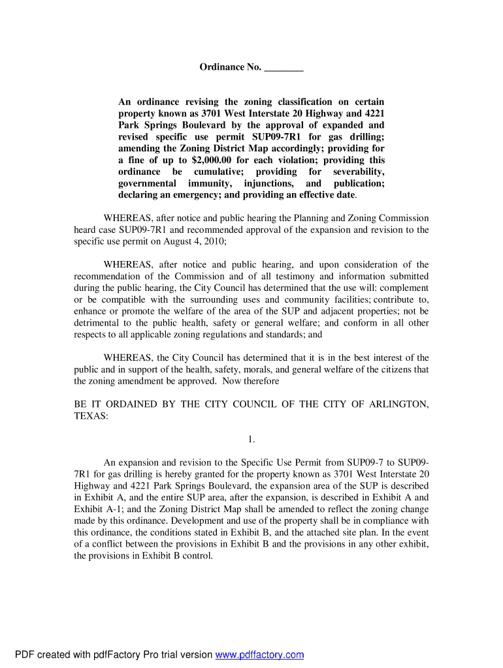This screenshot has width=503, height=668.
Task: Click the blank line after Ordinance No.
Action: click(x=285, y=68)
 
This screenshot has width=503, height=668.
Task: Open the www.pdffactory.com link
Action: click(x=260, y=655)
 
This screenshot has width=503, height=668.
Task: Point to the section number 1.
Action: click(x=251, y=439)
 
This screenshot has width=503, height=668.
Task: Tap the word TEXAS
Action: click(x=91, y=416)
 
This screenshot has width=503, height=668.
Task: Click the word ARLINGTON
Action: click(x=399, y=404)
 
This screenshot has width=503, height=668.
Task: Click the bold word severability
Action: click(x=357, y=172)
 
